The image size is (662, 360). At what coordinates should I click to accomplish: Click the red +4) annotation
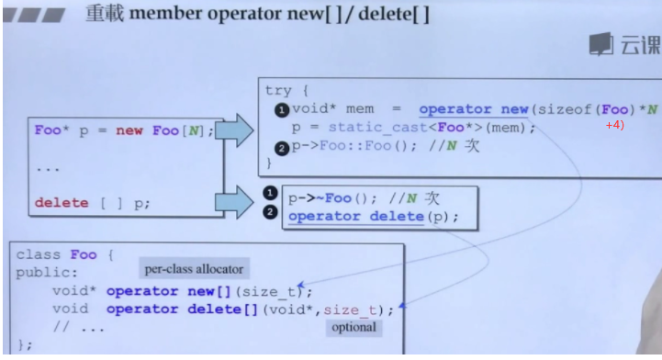coord(614,125)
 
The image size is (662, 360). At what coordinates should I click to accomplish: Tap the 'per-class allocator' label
coord(194,269)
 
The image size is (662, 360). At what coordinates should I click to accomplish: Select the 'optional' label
coord(353,327)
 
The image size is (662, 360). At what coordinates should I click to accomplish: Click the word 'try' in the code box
coord(277,90)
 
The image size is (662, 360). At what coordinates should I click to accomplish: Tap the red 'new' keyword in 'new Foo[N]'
coord(129,130)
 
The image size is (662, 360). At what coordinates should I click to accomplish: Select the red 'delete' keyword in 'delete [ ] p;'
coord(62,203)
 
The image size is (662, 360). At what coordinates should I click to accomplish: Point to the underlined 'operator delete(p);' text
coord(372,217)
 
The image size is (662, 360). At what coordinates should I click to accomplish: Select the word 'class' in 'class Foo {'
coord(38,254)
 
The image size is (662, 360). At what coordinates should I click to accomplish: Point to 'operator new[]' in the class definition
coord(159,291)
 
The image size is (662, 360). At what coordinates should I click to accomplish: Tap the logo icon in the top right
coord(601,43)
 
